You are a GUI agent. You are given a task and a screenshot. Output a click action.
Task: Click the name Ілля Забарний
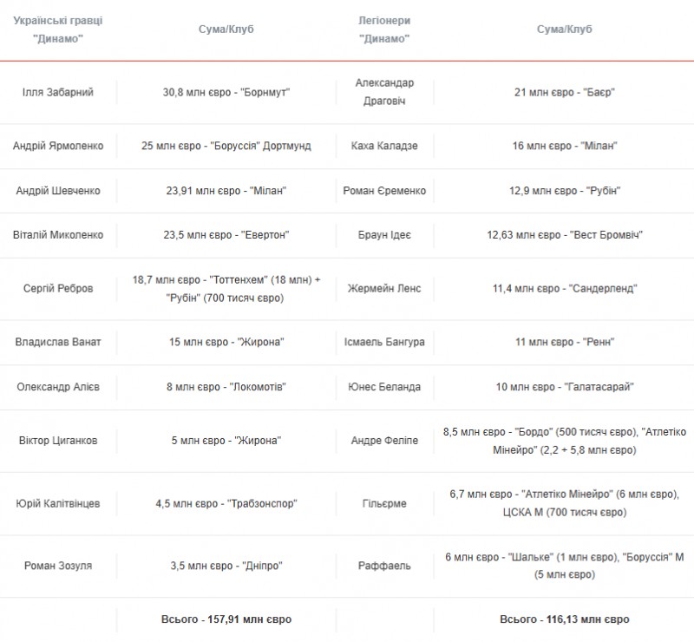point(58,92)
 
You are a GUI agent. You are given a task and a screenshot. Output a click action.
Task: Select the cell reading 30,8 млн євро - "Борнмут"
point(226,92)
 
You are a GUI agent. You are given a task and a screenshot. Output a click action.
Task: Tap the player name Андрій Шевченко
point(58,191)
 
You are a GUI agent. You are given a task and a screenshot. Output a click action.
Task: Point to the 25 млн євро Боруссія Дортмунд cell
point(226,146)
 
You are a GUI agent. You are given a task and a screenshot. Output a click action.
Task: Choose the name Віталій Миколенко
point(58,234)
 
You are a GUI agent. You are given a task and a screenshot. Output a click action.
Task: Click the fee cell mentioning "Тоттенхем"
point(226,288)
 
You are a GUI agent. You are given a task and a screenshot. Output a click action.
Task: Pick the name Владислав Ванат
point(58,342)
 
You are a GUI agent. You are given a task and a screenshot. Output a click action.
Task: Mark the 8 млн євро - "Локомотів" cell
point(226,386)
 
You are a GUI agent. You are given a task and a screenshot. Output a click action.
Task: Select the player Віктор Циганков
point(58,441)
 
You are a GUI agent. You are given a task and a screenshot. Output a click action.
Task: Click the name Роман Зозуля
point(58,566)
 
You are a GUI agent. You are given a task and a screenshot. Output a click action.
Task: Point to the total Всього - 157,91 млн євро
point(226,619)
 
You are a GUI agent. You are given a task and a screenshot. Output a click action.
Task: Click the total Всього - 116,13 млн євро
point(565,619)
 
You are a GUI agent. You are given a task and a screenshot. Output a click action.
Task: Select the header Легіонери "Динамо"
point(384,29)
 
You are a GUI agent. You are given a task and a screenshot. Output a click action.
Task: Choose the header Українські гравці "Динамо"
point(58,29)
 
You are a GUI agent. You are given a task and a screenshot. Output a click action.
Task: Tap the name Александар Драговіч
point(384,92)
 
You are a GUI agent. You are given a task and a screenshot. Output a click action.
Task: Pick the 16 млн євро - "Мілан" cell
point(565,146)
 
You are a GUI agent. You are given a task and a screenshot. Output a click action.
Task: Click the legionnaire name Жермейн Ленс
point(384,288)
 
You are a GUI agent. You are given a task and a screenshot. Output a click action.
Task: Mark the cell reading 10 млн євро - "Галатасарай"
point(565,386)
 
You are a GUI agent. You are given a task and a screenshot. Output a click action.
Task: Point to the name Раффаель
point(384,566)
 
